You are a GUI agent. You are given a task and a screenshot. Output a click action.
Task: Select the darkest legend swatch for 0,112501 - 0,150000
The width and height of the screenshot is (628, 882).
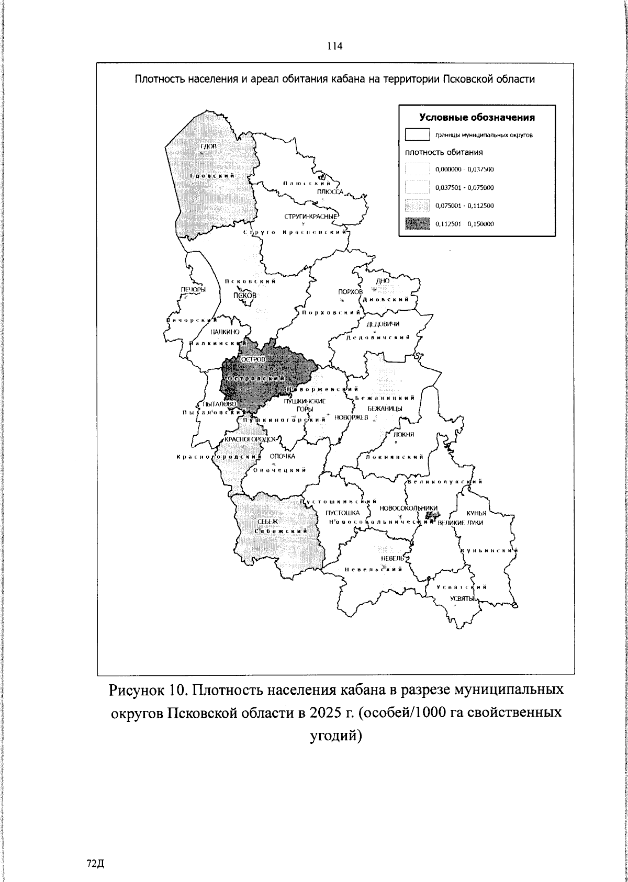point(417,224)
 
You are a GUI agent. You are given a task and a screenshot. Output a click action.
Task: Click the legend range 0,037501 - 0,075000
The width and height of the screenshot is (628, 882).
point(464,187)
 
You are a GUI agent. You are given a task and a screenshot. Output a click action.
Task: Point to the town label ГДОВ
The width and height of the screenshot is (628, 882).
point(208,145)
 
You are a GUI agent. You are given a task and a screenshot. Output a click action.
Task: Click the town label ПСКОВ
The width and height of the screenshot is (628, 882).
point(245,295)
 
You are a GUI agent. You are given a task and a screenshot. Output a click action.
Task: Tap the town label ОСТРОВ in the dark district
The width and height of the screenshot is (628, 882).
point(253,360)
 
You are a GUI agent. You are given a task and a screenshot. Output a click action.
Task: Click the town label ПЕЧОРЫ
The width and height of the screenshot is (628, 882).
point(193,290)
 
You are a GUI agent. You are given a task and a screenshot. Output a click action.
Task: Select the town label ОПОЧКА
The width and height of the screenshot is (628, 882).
point(283,456)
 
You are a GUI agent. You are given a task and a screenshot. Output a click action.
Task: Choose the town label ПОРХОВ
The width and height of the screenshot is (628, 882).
point(350,291)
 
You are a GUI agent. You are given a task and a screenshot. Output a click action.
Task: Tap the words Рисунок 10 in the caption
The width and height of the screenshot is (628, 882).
point(144,690)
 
